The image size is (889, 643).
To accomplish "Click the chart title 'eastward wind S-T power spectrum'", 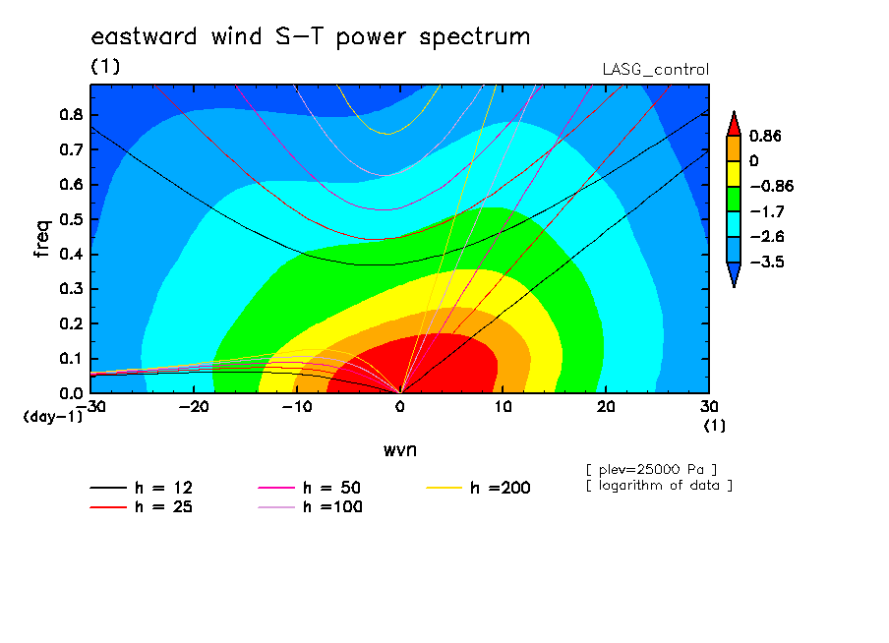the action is (311, 37).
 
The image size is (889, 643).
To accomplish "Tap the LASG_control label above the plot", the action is (655, 70).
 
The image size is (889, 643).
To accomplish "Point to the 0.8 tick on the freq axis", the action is (72, 114).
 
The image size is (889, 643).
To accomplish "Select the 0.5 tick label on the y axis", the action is (72, 219).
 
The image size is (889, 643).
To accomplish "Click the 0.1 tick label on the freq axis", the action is (72, 359).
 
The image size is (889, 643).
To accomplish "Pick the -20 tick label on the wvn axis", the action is (194, 407).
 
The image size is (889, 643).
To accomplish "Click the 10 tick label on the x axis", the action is (503, 407).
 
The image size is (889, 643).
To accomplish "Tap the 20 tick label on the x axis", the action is (606, 407).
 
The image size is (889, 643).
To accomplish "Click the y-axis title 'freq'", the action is (42, 239).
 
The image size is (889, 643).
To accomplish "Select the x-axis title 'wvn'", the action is (400, 450).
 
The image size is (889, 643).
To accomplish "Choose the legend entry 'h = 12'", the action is (142, 488).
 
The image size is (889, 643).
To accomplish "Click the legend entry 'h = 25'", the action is (142, 506).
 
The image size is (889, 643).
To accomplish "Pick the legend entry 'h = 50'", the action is (310, 488).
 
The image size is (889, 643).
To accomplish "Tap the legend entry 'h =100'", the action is (310, 506).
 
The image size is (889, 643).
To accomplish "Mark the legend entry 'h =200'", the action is (478, 488).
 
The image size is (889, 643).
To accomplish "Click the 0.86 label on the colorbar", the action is (765, 136).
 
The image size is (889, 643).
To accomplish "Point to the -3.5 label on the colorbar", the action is (767, 262).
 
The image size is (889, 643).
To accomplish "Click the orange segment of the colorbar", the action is (734, 148).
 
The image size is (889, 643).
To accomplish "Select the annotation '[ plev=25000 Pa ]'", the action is (651, 470).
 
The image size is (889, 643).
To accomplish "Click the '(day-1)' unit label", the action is (53, 417).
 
